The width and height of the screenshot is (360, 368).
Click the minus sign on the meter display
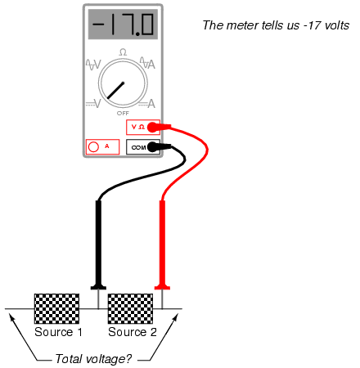click(x=98, y=24)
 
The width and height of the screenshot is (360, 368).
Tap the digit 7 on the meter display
click(x=128, y=25)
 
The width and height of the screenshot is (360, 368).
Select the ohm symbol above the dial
click(x=123, y=52)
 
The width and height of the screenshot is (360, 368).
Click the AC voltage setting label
click(x=93, y=65)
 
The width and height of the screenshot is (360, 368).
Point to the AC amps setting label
click(x=147, y=63)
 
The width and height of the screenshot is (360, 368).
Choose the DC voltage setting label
click(x=93, y=103)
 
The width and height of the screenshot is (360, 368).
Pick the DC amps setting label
click(x=147, y=104)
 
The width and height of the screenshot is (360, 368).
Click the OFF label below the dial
click(x=123, y=113)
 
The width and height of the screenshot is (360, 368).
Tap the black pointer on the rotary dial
click(x=115, y=91)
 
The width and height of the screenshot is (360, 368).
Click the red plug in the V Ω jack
click(x=159, y=127)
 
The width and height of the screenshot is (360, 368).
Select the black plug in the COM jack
click(x=159, y=146)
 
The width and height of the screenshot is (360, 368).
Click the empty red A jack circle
click(x=93, y=147)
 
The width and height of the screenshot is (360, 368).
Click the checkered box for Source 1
click(x=56, y=308)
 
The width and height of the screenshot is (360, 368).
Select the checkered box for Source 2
click(x=130, y=308)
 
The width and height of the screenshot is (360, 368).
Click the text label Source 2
click(x=133, y=332)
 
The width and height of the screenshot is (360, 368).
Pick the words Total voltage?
click(x=93, y=359)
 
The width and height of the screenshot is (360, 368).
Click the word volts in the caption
click(x=337, y=25)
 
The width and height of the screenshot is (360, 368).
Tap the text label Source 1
click(x=58, y=332)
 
